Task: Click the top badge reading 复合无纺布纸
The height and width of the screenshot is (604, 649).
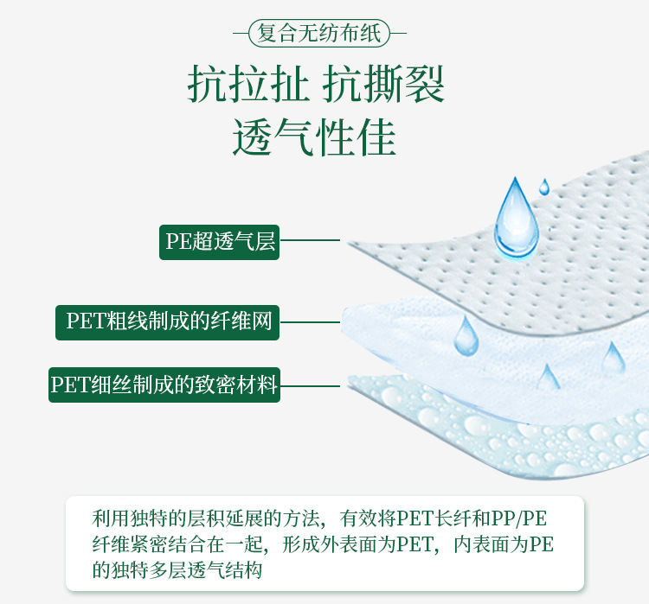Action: tap(318, 35)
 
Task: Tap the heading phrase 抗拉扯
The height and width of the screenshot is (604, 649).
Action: tap(247, 86)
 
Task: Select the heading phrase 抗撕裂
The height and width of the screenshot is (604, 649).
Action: tap(384, 86)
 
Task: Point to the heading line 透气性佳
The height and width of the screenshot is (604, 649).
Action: tap(315, 137)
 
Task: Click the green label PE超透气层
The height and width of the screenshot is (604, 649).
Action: tap(220, 241)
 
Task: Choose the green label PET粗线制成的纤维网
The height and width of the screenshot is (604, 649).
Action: tap(168, 321)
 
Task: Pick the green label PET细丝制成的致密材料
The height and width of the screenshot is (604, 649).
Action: tap(164, 385)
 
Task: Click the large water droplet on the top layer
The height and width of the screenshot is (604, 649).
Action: tap(516, 219)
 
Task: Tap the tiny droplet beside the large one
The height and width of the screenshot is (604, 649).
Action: tap(544, 186)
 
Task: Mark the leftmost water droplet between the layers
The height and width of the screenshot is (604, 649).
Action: tap(466, 337)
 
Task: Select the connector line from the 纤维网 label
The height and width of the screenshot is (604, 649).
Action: tap(310, 322)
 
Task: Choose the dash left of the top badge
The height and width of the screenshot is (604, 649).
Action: tap(241, 35)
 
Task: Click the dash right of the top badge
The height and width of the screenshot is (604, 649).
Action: tap(396, 35)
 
